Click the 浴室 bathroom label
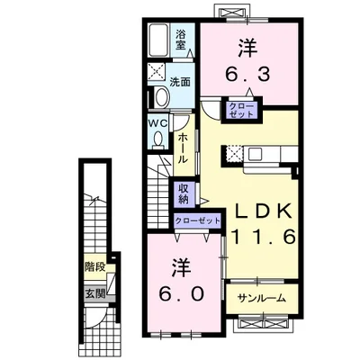(x=181, y=40)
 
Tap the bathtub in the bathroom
(x=158, y=40)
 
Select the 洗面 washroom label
(x=180, y=82)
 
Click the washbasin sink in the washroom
(x=162, y=96)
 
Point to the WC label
(x=158, y=123)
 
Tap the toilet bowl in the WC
(x=157, y=139)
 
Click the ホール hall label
(x=183, y=148)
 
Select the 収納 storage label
(x=184, y=193)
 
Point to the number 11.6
(x=263, y=238)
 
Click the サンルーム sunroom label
(x=261, y=298)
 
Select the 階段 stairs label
(x=94, y=266)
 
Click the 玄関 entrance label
(x=95, y=293)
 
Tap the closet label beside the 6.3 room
(x=241, y=110)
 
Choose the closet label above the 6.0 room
(x=198, y=221)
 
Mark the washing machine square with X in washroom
(x=157, y=72)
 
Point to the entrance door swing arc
(x=102, y=318)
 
